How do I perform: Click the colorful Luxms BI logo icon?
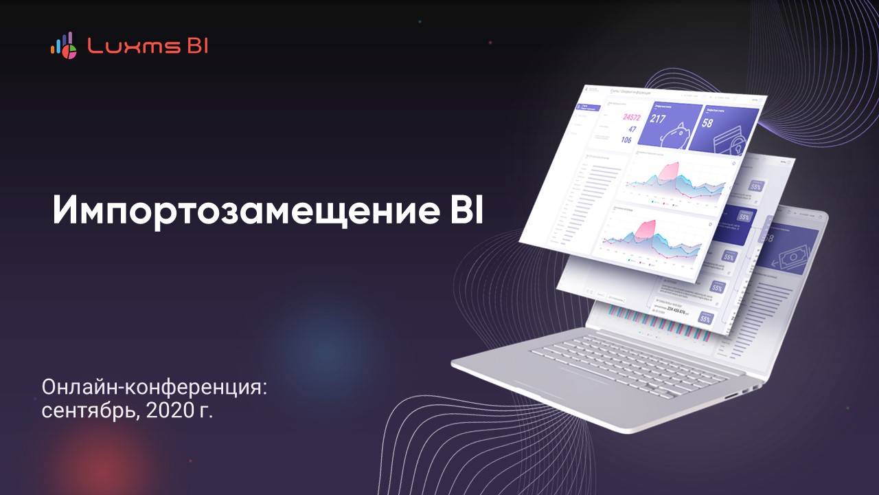click(x=63, y=45)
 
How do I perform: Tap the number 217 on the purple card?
click(x=659, y=120)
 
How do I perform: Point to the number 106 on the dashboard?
click(x=626, y=140)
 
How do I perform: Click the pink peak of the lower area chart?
click(x=646, y=228)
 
